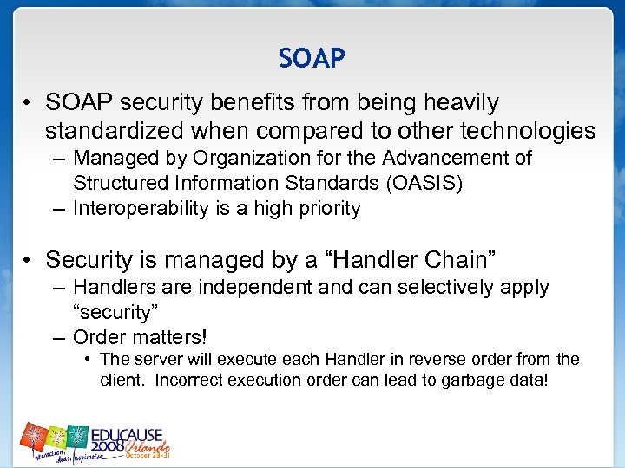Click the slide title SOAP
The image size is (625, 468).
pyautogui.click(x=312, y=58)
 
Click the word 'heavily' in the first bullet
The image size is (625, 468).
pyautogui.click(x=461, y=102)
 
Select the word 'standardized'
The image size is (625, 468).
pyautogui.click(x=114, y=131)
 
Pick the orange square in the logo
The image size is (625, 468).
pyautogui.click(x=33, y=432)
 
